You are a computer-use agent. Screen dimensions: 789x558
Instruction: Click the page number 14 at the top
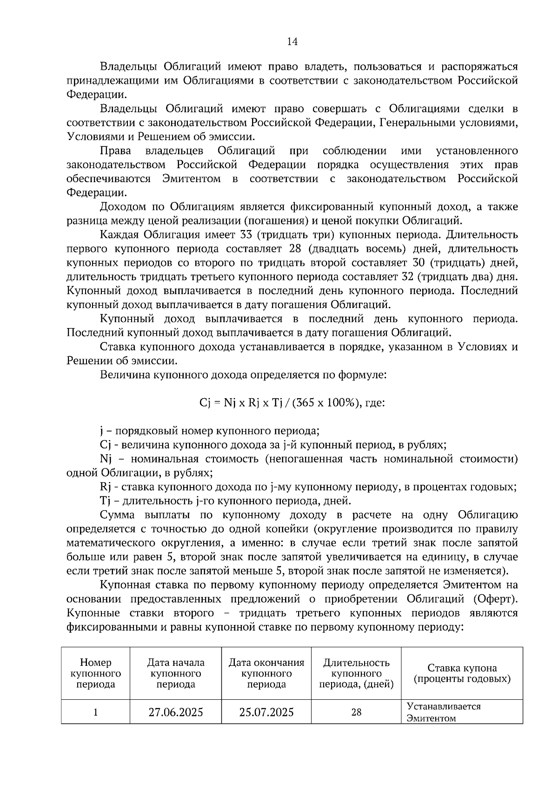click(x=292, y=42)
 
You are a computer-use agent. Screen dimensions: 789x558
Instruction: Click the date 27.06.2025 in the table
click(x=176, y=712)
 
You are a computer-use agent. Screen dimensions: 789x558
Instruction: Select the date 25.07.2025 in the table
click(x=266, y=712)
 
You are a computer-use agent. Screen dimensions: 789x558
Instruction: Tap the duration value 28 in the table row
click(x=356, y=712)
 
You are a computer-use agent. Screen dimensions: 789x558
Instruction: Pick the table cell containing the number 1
click(x=96, y=712)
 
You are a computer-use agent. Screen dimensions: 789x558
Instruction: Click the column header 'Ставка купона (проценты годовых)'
click(x=462, y=673)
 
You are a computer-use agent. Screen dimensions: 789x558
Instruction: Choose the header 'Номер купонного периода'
click(x=96, y=673)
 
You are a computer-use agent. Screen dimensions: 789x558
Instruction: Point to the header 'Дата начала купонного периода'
click(x=176, y=673)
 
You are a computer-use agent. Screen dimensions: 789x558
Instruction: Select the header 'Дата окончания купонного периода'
click(x=266, y=673)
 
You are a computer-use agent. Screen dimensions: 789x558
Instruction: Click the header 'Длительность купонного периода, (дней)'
click(x=356, y=673)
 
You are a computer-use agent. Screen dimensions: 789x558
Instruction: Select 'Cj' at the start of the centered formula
click(x=205, y=403)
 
